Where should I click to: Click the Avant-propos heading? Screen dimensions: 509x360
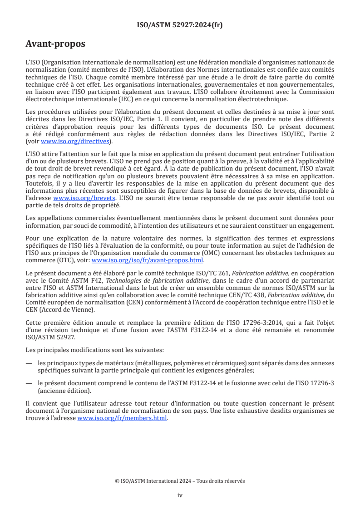[x=55, y=44]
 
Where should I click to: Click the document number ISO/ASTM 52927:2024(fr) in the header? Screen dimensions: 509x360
[x=180, y=25]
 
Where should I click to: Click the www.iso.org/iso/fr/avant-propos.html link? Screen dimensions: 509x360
[x=148, y=260]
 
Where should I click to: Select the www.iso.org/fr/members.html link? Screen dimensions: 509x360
[x=122, y=418]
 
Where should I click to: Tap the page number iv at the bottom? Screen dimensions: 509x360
[x=180, y=495]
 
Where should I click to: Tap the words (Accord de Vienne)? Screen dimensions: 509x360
[x=67, y=310]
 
